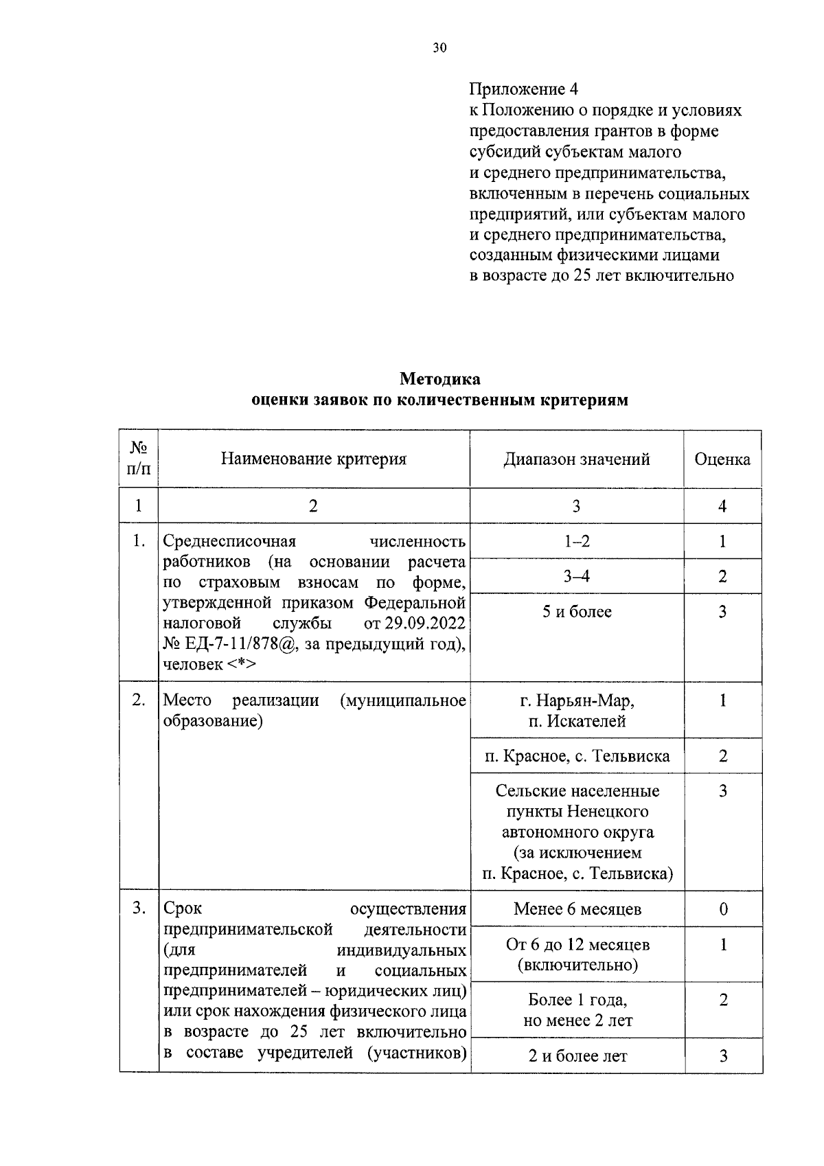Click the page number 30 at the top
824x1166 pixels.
point(439,47)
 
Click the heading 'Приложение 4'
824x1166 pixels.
point(523,89)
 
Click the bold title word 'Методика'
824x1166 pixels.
point(439,379)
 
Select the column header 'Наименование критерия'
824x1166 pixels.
point(313,459)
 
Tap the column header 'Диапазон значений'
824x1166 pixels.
point(576,459)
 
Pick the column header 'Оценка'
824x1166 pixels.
point(722,459)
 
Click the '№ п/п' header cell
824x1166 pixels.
point(139,459)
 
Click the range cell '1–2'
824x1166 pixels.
point(576,541)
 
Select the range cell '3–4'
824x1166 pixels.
point(576,576)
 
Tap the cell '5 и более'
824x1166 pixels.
point(576,612)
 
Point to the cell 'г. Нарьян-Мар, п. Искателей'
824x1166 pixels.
point(576,711)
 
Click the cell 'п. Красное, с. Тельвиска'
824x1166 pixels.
point(576,756)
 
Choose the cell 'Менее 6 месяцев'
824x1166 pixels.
point(576,909)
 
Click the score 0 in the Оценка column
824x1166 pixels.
point(723,909)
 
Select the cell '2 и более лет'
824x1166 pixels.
point(576,1056)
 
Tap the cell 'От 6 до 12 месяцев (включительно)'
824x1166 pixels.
point(576,954)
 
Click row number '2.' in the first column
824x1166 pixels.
point(139,700)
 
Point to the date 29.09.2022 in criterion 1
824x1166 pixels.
point(427,624)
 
